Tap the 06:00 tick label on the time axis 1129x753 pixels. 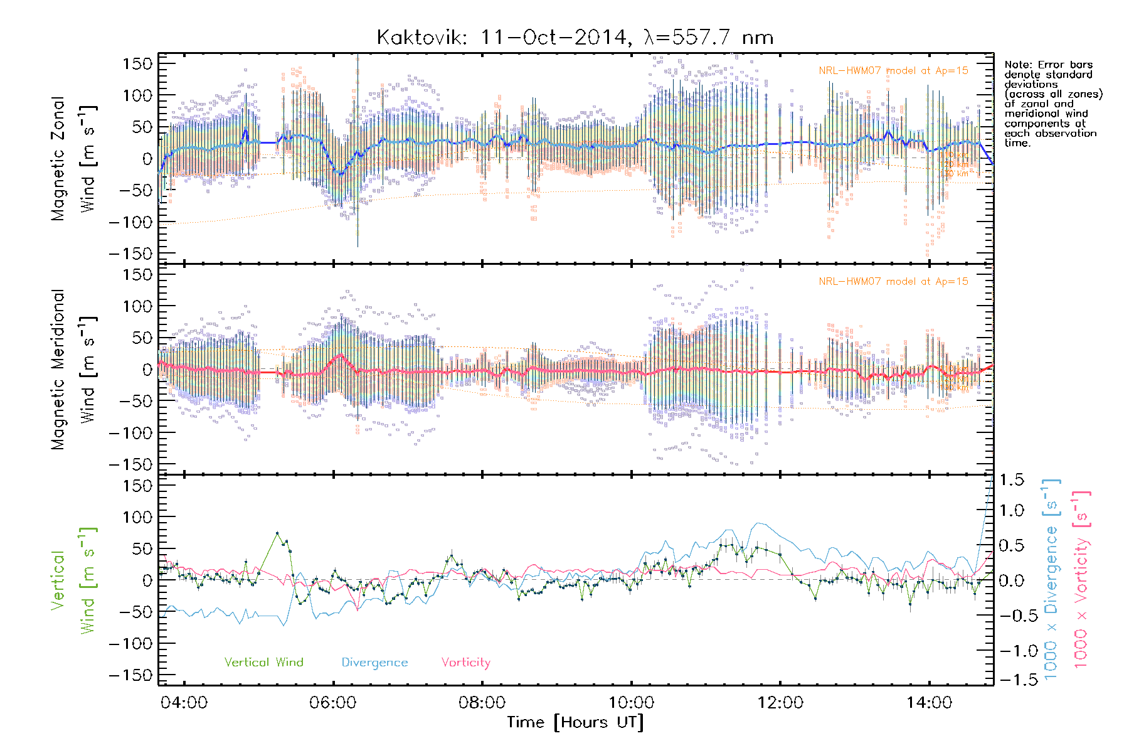click(x=332, y=703)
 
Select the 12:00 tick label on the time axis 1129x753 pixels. click(x=780, y=703)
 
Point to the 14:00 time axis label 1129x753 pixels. click(x=929, y=703)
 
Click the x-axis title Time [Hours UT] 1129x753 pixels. click(x=575, y=722)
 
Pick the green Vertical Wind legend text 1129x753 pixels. click(x=263, y=663)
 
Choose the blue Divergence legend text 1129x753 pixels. click(x=374, y=663)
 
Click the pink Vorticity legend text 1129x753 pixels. click(x=465, y=663)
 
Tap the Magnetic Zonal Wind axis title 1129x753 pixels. click(x=73, y=159)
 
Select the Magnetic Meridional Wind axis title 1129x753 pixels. click(x=73, y=370)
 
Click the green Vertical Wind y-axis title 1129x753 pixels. click(x=73, y=580)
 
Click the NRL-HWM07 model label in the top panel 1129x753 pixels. click(x=893, y=71)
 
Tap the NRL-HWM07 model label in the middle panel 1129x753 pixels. click(x=893, y=282)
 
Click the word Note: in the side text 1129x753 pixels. click(x=1017, y=65)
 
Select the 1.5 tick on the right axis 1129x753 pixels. click(x=1011, y=480)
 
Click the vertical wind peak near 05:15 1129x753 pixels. click(x=277, y=533)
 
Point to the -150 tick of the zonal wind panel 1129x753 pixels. click(x=130, y=254)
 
